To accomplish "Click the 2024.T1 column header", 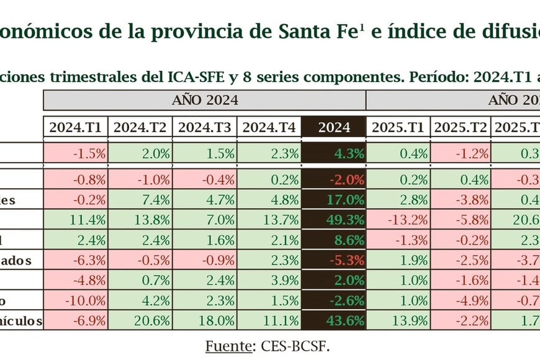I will pos(75,127).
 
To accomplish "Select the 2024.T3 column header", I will pos(204,127).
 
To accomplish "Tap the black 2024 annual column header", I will pos(333,127).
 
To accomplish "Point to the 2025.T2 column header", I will pos(460,127).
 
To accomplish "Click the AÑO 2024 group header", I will pos(204,100).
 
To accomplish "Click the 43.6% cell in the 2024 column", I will pos(333,321).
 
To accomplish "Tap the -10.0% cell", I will pos(75,300).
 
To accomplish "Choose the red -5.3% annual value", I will pos(333,260).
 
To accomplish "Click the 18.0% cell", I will pos(204,321).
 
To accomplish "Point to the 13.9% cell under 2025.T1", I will pos(397,321).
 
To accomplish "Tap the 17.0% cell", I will pos(333,200).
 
